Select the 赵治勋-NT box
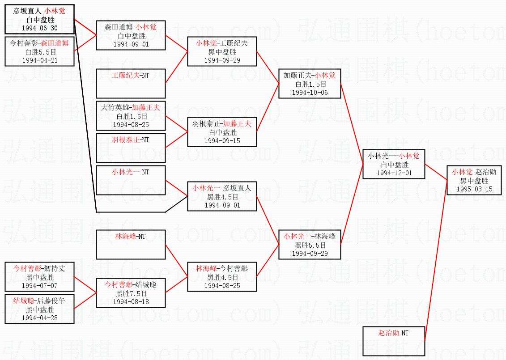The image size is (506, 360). coord(393,341)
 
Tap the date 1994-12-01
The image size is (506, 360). coord(394,173)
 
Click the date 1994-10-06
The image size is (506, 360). coord(309,92)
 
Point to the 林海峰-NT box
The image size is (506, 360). coord(131,244)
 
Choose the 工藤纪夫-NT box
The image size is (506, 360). coord(131,83)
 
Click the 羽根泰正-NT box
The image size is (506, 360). coord(131,148)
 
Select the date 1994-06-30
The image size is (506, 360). coord(39,28)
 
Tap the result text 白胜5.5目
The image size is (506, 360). coord(39,52)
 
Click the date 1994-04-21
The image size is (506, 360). coord(39,60)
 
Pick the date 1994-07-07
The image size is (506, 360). coord(39,285)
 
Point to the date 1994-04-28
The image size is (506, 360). coord(39,318)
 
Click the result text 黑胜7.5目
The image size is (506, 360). coord(131,293)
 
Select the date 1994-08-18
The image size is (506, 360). coord(131,301)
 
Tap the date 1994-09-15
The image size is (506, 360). coord(222,140)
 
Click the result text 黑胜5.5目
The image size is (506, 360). coord(309,245)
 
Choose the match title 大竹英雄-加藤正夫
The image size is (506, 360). coord(131,108)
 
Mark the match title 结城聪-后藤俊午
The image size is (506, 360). coord(39,301)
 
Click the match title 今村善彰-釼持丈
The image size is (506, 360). coord(39,269)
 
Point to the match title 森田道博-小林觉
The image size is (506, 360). coord(131,27)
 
